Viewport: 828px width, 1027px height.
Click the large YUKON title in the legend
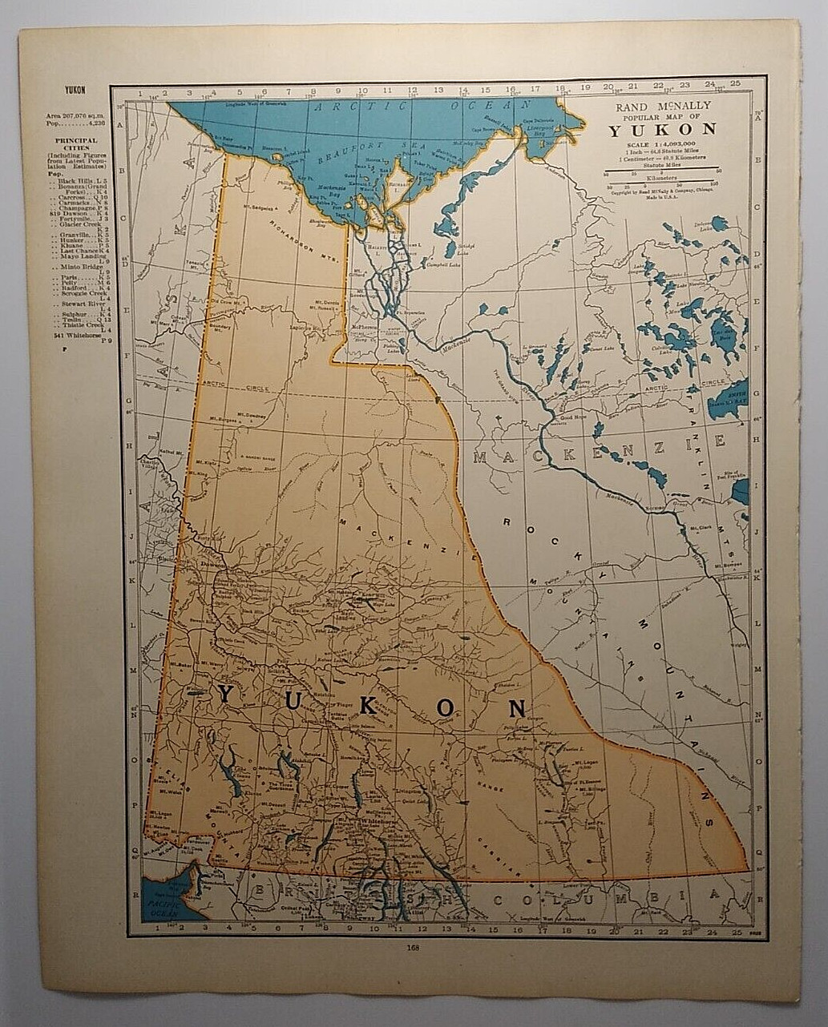(662, 131)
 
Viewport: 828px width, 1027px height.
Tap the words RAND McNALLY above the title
(662, 106)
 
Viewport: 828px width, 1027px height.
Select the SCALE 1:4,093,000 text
(662, 143)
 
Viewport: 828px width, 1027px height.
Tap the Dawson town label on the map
(212, 564)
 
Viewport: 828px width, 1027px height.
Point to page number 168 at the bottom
(413, 950)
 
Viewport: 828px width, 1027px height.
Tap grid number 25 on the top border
(734, 83)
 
